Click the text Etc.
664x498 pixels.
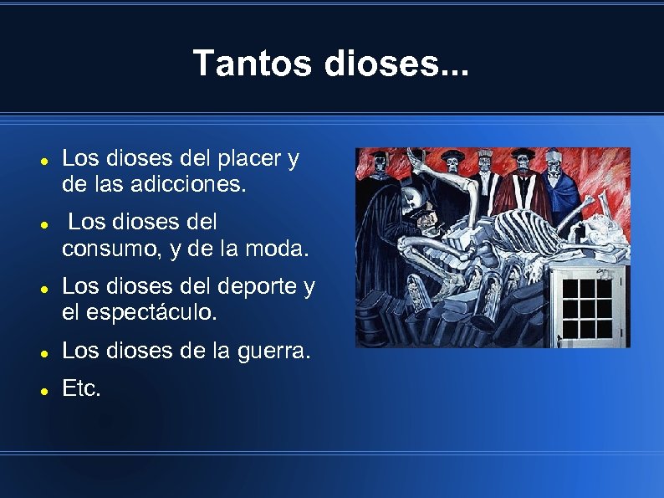[x=81, y=388]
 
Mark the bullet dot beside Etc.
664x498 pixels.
[x=43, y=390]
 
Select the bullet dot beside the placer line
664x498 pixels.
[x=43, y=160]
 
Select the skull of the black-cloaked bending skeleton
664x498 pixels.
[x=410, y=198]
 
